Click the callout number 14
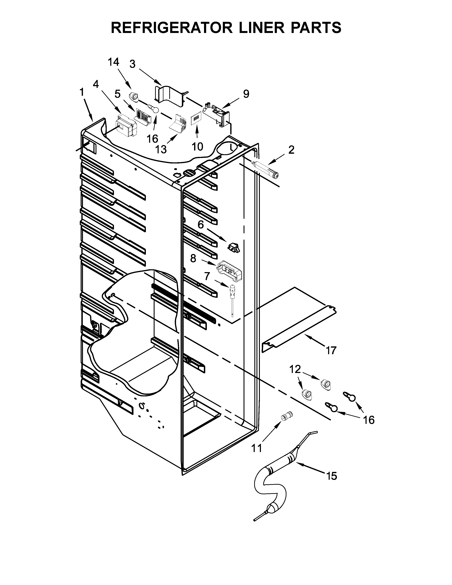coord(113,62)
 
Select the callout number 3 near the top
coord(132,64)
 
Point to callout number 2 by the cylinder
coord(291,150)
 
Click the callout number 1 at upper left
coord(82,92)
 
